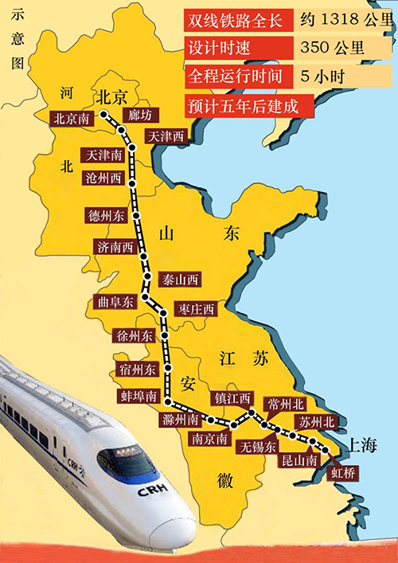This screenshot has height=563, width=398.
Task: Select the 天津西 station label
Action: click(x=165, y=137)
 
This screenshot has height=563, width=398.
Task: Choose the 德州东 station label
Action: click(x=107, y=215)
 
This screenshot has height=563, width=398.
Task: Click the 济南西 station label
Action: click(x=114, y=246)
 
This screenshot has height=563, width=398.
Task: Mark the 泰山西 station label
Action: click(x=181, y=280)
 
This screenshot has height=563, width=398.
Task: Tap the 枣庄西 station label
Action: click(x=197, y=309)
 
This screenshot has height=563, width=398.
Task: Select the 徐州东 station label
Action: click(x=135, y=336)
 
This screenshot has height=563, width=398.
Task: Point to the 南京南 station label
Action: click(x=209, y=438)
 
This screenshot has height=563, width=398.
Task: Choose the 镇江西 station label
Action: click(x=232, y=397)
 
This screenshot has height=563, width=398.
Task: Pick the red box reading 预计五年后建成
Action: click(x=240, y=104)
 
